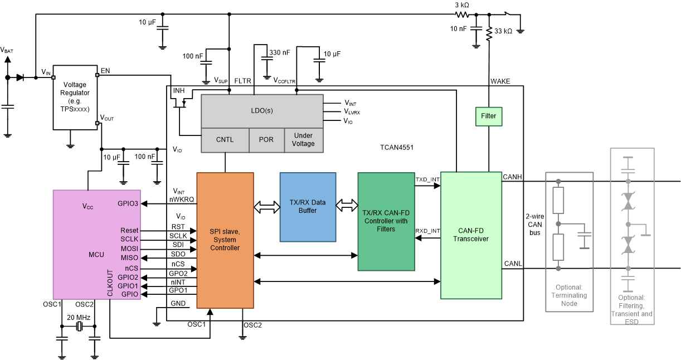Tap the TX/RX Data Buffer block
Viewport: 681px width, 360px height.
click(308, 207)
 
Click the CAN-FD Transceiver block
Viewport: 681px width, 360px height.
click(470, 235)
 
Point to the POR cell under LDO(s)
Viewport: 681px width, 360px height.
click(266, 139)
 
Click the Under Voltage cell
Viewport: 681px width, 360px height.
click(303, 139)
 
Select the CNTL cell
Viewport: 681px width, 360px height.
click(225, 139)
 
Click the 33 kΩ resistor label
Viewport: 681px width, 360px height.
click(503, 32)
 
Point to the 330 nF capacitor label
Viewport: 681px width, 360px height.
click(279, 52)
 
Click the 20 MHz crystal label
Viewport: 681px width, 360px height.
click(78, 317)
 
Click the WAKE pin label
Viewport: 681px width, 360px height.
click(500, 81)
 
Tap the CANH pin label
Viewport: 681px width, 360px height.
click(512, 177)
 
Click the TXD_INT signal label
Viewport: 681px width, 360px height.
click(427, 179)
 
